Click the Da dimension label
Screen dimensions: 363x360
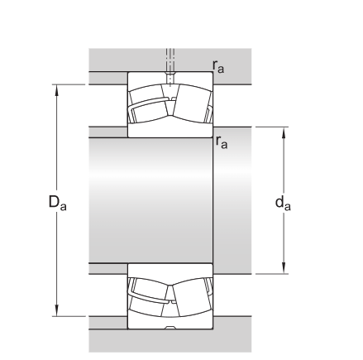57,202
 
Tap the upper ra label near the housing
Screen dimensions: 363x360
218,66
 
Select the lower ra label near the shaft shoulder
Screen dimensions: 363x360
222,142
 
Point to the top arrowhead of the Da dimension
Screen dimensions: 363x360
57,90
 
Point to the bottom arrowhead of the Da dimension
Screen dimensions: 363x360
57,310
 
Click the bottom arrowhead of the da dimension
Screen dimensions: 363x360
284,268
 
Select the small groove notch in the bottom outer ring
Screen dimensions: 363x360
170,328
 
